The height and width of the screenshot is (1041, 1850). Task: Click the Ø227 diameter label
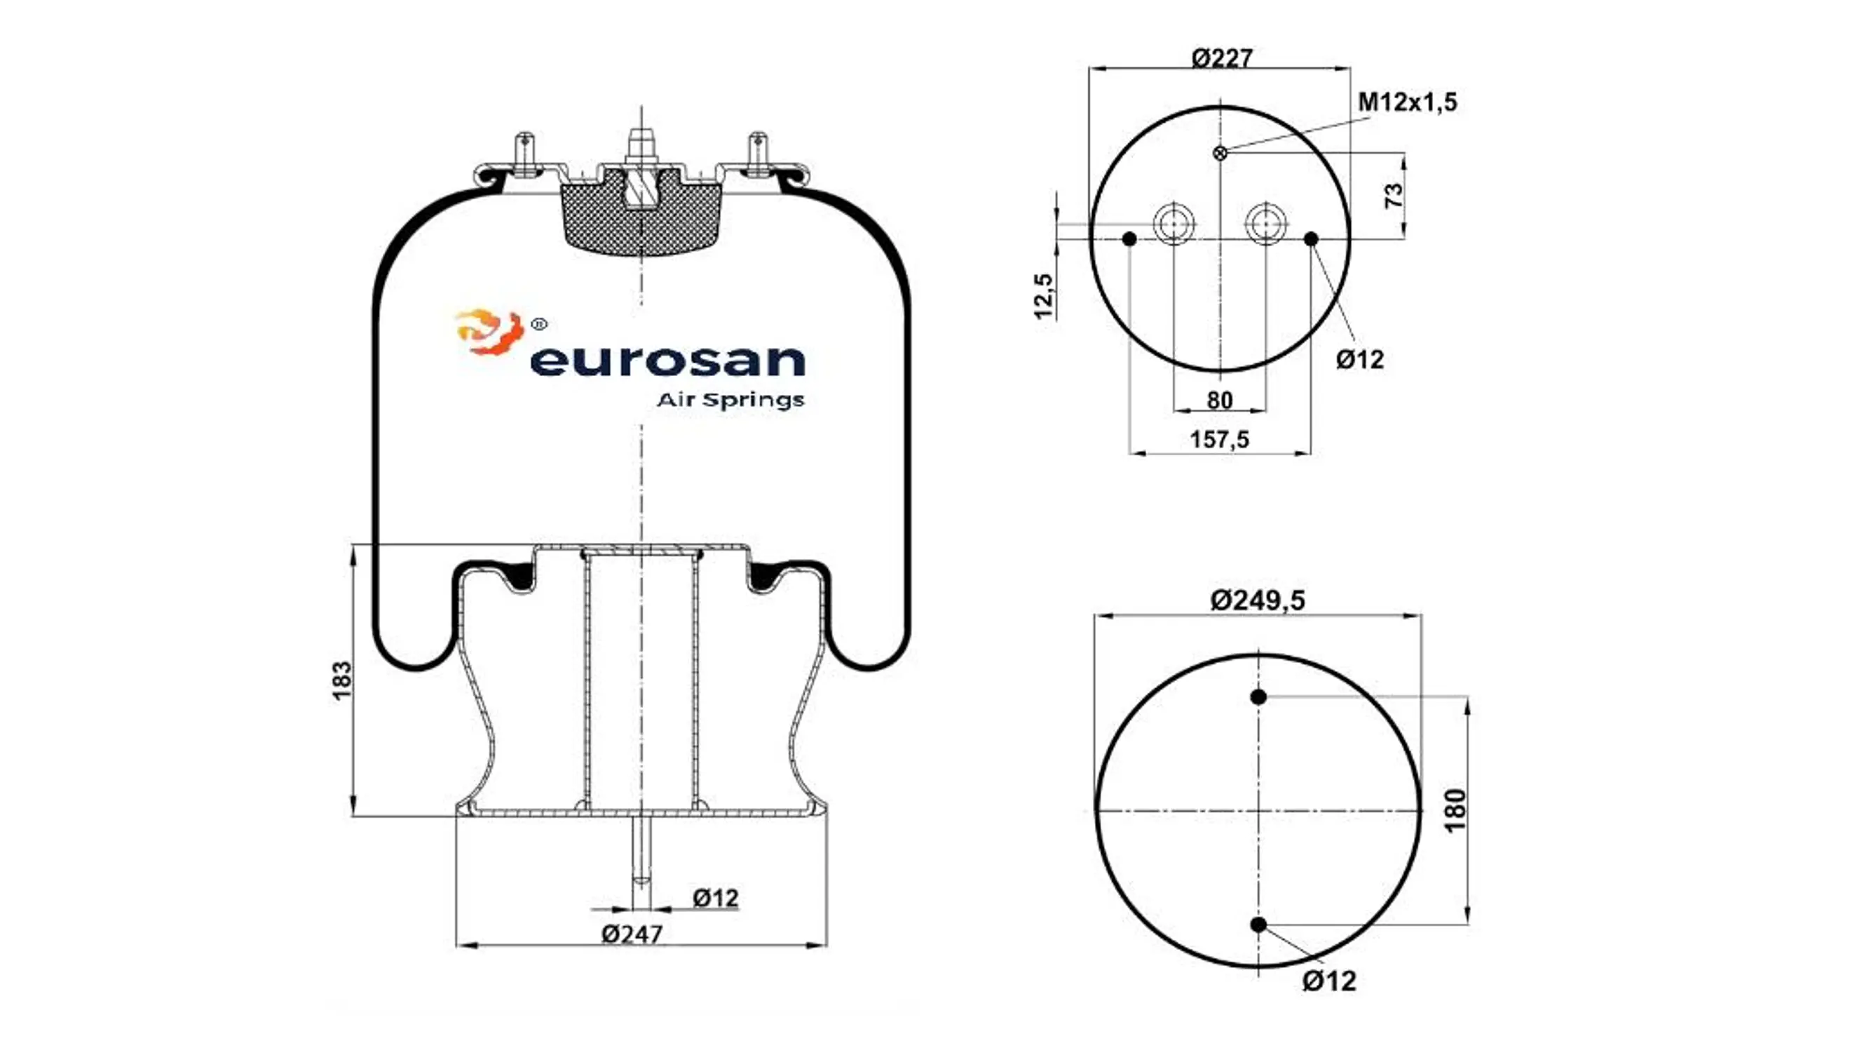[1222, 58]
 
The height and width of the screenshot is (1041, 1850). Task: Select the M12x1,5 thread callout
[1407, 102]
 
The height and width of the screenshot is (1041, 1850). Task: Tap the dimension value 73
[1393, 196]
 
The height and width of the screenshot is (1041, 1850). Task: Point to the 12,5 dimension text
[1044, 295]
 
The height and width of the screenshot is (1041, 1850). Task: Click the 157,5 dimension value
[1220, 439]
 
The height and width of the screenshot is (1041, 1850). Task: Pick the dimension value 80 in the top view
[1220, 400]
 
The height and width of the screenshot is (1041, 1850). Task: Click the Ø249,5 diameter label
[1258, 599]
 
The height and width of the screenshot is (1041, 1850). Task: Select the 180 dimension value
[1455, 810]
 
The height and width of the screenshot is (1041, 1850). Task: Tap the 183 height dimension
[343, 680]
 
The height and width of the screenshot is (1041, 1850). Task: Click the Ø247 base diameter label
[632, 934]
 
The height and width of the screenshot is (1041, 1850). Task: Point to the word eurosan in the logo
[667, 361]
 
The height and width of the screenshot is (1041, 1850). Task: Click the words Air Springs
[730, 400]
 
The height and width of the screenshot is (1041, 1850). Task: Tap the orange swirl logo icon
[489, 332]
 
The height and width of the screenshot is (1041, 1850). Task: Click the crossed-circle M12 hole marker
[1219, 153]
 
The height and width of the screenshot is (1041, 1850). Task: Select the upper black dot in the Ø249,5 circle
[1258, 697]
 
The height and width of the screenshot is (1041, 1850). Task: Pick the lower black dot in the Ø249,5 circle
[1258, 925]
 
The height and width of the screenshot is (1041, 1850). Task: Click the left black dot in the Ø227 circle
[1129, 239]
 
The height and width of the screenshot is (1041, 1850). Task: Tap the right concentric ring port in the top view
[1265, 224]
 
